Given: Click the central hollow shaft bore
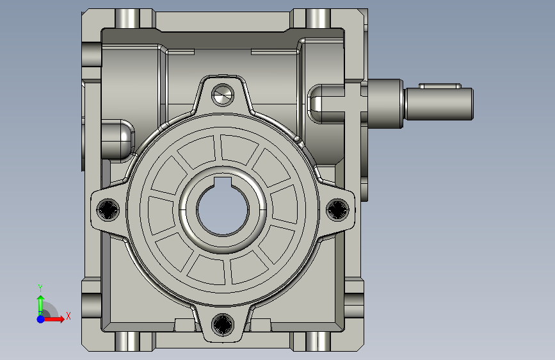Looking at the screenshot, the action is tap(223, 209).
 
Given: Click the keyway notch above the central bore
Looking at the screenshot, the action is tap(223, 181).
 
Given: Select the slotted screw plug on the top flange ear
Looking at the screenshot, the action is tap(223, 95).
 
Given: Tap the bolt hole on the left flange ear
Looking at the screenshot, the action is tap(108, 209).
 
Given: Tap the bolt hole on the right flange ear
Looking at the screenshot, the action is tap(337, 209).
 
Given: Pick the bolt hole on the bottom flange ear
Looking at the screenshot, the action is tap(223, 325).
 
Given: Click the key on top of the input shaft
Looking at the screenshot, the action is tap(440, 86).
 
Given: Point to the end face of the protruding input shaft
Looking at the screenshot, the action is tap(472, 104).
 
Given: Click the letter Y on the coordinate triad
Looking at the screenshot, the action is tap(40, 288).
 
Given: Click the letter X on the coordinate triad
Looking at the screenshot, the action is tap(68, 316).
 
